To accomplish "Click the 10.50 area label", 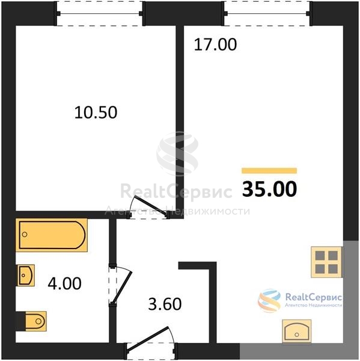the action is point(96,113).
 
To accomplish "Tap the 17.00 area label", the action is point(215,45).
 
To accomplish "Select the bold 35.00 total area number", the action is point(270,189).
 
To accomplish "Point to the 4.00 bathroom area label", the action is point(65,283).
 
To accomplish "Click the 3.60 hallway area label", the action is point(165,304).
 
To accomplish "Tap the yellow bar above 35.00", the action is point(269,171).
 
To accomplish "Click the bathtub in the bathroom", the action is point(52,235).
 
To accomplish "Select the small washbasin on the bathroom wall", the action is point(25,276).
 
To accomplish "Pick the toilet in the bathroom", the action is point(35,321).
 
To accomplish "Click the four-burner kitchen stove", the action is point(326,262).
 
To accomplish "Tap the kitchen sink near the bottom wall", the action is point(296,331).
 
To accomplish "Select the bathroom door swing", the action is point(120,285).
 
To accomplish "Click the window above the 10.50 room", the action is point(100,14).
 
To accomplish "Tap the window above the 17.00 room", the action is point(267,14).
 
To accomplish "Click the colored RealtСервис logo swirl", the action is point(269,300).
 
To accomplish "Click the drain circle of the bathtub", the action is point(25,235).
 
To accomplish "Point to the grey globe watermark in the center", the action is point(177,153).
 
